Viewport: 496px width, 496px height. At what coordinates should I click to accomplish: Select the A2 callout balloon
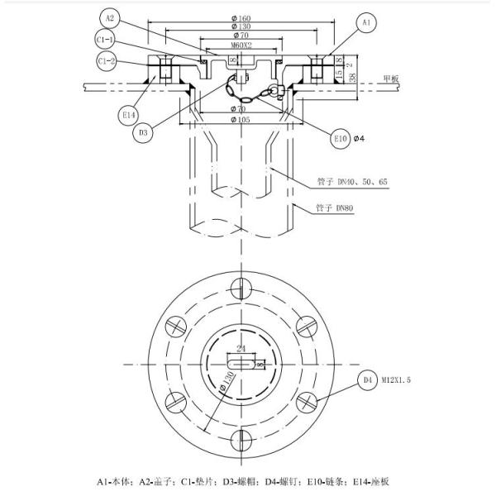point(111,17)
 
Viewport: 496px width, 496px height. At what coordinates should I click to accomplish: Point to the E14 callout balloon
point(130,116)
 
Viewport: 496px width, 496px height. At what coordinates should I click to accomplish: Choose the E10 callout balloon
point(341,139)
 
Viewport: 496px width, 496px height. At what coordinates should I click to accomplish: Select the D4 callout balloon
point(368,380)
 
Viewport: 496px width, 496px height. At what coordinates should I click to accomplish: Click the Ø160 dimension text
point(241,17)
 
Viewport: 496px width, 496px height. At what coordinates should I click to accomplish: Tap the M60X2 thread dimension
point(241,45)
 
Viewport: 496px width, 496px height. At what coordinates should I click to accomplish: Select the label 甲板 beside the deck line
point(390,79)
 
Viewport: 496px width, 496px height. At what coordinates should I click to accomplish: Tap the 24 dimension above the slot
point(241,349)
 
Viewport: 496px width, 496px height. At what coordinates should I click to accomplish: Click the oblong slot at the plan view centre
point(241,363)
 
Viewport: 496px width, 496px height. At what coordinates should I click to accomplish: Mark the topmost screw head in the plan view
point(241,288)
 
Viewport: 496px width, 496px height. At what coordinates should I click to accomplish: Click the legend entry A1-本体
point(117,481)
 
